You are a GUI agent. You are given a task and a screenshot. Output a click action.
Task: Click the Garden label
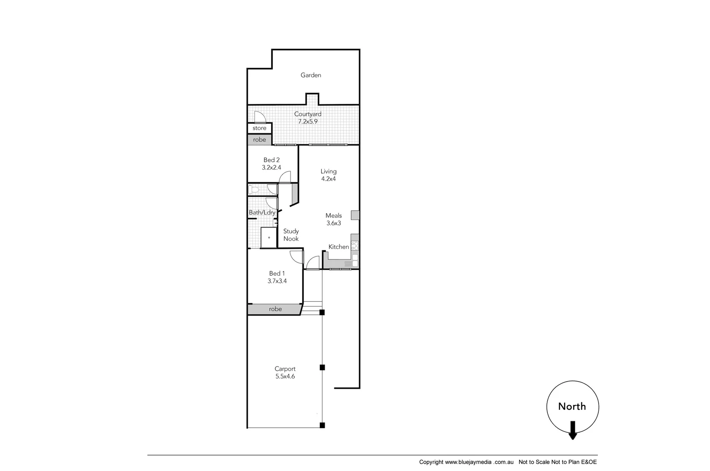pyautogui.click(x=311, y=75)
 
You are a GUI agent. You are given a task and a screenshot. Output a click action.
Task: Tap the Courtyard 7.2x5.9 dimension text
pyautogui.click(x=308, y=122)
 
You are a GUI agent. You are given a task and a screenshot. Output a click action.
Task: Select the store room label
pyautogui.click(x=259, y=128)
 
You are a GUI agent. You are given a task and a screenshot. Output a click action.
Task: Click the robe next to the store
pyautogui.click(x=259, y=140)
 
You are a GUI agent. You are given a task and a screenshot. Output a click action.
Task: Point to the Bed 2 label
pyautogui.click(x=271, y=160)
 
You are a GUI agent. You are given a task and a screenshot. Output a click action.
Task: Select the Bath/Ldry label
pyautogui.click(x=262, y=212)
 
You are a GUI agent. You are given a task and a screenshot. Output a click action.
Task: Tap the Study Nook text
pyautogui.click(x=291, y=235)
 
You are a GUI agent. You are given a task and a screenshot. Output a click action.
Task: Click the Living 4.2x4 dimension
pyautogui.click(x=328, y=179)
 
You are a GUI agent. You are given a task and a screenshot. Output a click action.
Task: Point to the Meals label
pyautogui.click(x=333, y=215)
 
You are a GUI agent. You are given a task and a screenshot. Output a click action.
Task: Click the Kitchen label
pyautogui.click(x=339, y=247)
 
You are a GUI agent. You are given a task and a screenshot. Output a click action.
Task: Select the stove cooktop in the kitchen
pyautogui.click(x=355, y=246)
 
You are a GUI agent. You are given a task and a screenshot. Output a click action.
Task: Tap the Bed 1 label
pyautogui.click(x=277, y=273)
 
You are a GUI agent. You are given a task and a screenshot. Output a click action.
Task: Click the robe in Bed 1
pyautogui.click(x=275, y=309)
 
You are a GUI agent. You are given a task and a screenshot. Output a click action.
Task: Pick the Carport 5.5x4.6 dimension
pyautogui.click(x=285, y=376)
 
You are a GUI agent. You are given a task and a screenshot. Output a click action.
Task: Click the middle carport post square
pyautogui.click(x=322, y=367)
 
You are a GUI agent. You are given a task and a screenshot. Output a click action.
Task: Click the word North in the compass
pyautogui.click(x=572, y=406)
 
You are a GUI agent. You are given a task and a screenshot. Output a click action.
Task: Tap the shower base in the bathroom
pyautogui.click(x=269, y=238)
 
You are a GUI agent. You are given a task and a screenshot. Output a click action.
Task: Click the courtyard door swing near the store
pyautogui.click(x=259, y=116)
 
